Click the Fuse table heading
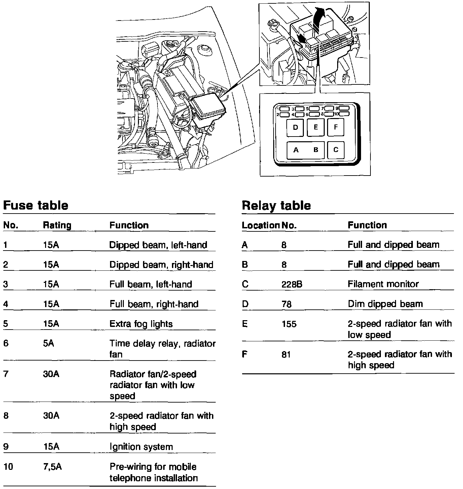pyautogui.click(x=36, y=205)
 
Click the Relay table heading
pyautogui.click(x=276, y=205)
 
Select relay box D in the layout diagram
pyautogui.click(x=295, y=127)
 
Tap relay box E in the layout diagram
pyautogui.click(x=316, y=127)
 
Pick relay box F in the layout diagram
pyautogui.click(x=335, y=127)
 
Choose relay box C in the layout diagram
pyautogui.click(x=335, y=150)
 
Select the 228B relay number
pyautogui.click(x=292, y=284)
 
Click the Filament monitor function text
pyautogui.click(x=383, y=284)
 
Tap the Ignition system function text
pyautogui.click(x=141, y=447)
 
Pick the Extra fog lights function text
pyautogui.click(x=141, y=324)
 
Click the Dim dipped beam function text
pyautogui.click(x=385, y=304)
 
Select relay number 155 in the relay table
pyautogui.click(x=289, y=324)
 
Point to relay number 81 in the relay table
pyautogui.click(x=286, y=354)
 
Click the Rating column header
pyautogui.click(x=57, y=225)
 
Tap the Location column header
pyautogui.click(x=260, y=225)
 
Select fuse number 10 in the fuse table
pyautogui.click(x=8, y=467)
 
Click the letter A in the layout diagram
pyautogui.click(x=296, y=150)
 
